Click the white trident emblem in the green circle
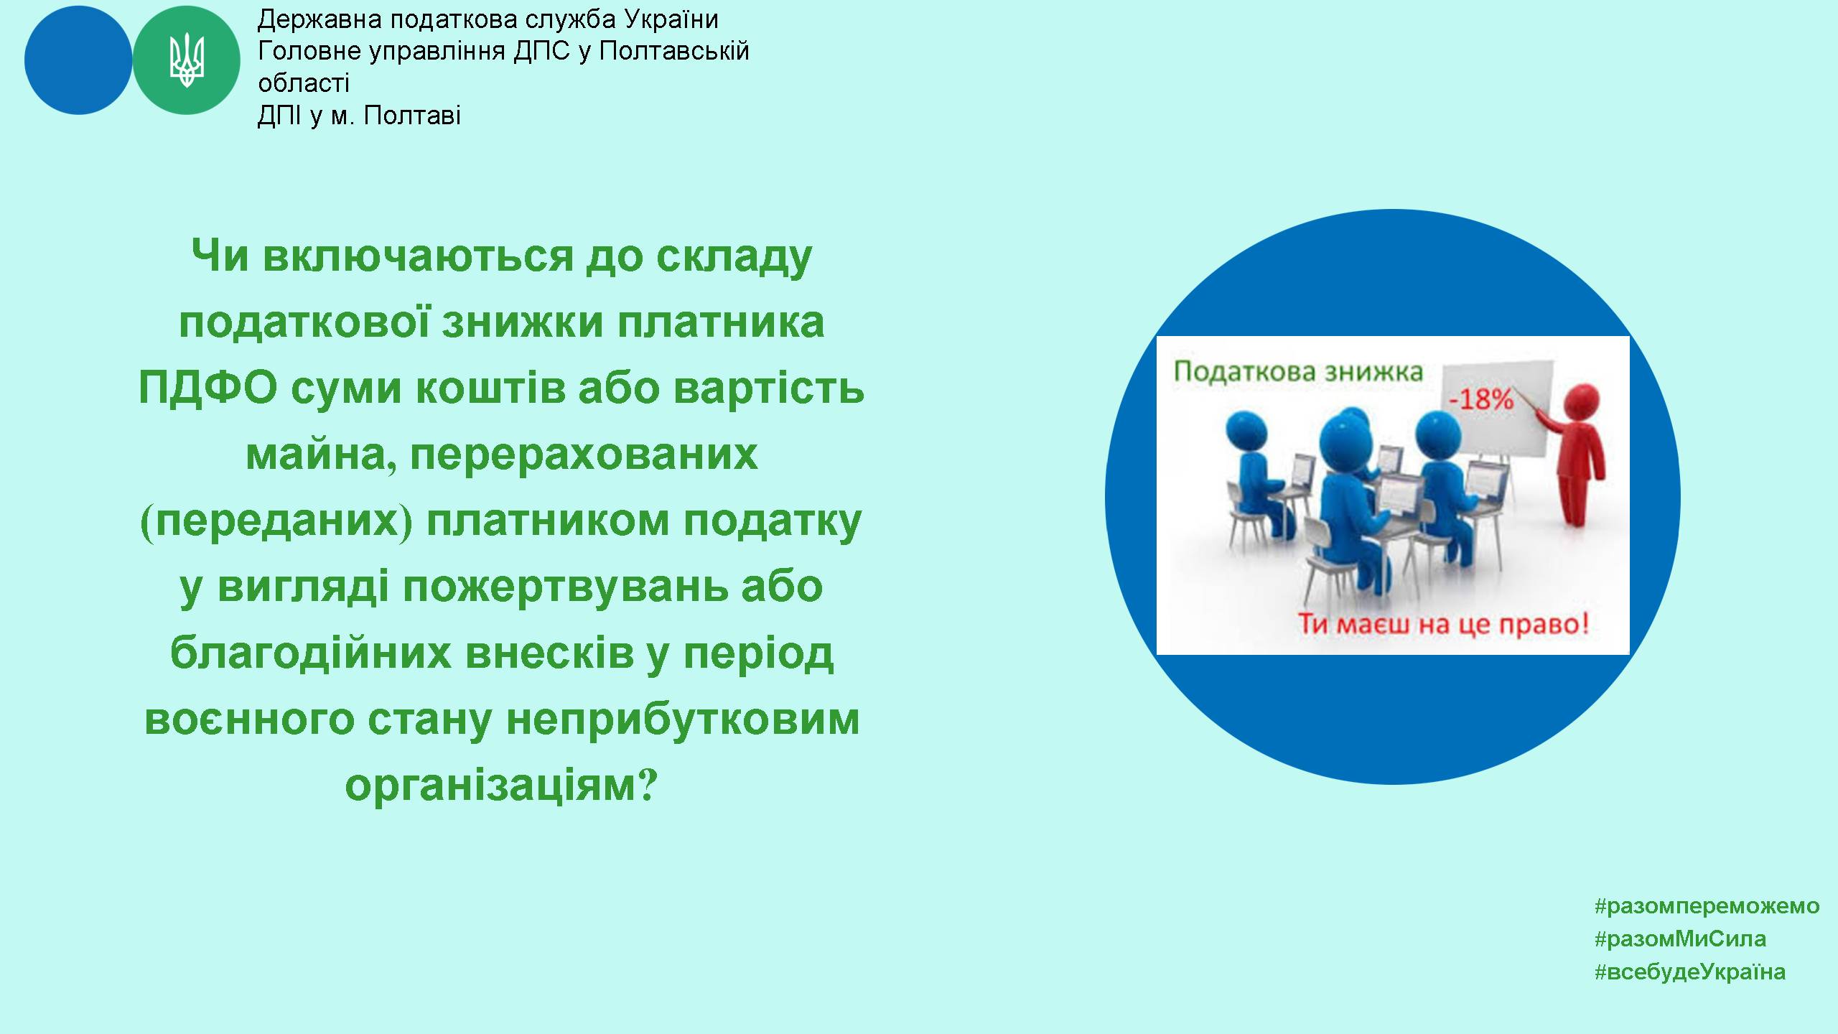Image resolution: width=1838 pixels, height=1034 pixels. click(187, 60)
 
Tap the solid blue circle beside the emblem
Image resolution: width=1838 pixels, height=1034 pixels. click(78, 60)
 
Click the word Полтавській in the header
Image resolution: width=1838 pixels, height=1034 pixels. click(674, 51)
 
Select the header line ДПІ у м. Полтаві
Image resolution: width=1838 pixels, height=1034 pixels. click(359, 116)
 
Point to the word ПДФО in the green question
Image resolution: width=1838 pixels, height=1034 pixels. click(208, 388)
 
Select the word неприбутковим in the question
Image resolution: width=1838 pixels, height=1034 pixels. click(683, 719)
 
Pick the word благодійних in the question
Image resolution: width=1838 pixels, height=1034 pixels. click(311, 653)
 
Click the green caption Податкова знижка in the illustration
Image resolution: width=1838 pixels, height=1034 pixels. click(1298, 372)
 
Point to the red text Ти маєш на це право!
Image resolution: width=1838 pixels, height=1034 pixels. click(1444, 623)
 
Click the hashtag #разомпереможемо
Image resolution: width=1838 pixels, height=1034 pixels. click(1707, 906)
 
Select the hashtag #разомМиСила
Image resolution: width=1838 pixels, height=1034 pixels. click(1680, 938)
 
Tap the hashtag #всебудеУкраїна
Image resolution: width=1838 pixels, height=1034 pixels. click(1690, 972)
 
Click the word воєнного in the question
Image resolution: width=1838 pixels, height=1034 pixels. click(249, 719)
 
